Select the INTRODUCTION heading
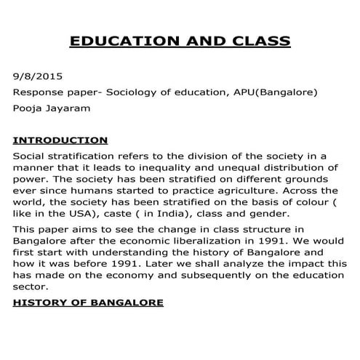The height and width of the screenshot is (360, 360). point(60,140)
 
